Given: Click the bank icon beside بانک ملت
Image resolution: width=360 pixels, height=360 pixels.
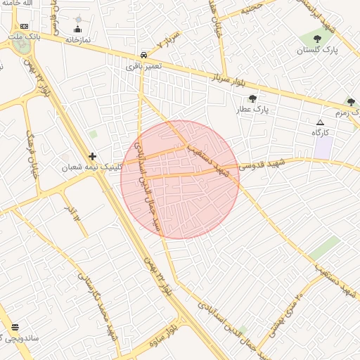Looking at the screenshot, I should [25, 27].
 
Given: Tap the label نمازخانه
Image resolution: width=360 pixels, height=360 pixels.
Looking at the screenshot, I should [79, 40].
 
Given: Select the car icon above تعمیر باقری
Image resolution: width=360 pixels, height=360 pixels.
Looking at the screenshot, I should [143, 54].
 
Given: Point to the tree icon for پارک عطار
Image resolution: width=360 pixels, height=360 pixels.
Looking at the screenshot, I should [252, 98].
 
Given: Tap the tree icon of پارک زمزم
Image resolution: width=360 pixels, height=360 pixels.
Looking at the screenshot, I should [350, 102].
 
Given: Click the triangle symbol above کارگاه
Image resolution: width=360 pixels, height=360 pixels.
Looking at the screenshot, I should [321, 122].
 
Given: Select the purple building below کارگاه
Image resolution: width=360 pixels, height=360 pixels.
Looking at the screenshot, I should [323, 148].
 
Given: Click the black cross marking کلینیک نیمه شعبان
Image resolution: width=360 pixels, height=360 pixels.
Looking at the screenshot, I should [92, 156].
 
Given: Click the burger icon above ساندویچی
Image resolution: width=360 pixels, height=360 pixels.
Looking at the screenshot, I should [15, 327].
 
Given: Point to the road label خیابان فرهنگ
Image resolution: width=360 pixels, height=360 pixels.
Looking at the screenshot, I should [31, 152].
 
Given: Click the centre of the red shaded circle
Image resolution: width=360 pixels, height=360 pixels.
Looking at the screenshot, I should [180, 179].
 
